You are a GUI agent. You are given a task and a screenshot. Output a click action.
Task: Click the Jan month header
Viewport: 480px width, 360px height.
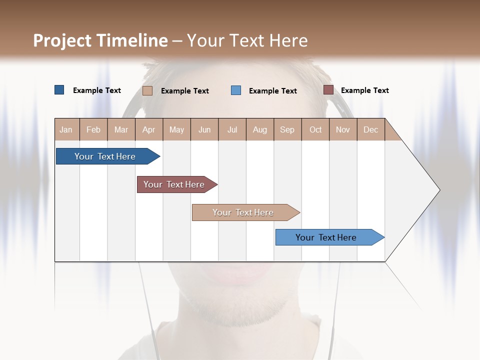[66, 129]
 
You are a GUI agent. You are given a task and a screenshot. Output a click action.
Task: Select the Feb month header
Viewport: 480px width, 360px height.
[93, 129]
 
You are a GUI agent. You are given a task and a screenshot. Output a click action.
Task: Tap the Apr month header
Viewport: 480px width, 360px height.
[148, 129]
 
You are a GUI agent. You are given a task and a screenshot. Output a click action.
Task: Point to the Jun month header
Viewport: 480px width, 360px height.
[204, 129]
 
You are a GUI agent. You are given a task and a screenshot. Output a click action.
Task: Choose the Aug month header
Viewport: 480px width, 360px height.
[259, 129]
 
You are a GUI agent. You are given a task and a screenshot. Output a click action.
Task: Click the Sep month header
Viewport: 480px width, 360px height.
[287, 129]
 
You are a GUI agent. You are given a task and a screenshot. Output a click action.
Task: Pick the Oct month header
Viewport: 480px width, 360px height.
[315, 129]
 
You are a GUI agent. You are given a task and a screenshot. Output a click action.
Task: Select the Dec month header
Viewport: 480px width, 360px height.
[370, 129]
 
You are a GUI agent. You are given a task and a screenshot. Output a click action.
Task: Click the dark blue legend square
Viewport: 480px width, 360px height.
[59, 90]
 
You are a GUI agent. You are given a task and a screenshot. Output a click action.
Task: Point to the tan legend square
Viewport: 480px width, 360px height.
[147, 90]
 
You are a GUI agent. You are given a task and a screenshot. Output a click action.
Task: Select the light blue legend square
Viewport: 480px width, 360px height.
[236, 90]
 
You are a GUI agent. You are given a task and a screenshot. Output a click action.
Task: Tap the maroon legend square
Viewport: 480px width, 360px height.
[328, 90]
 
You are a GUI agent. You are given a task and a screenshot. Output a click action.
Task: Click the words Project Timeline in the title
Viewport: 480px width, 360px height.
[100, 40]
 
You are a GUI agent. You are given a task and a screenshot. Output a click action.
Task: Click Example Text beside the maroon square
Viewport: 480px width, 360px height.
[364, 90]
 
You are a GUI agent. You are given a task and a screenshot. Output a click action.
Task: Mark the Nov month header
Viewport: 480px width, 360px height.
[342, 129]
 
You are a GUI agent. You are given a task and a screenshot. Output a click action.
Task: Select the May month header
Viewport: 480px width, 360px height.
[176, 129]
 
